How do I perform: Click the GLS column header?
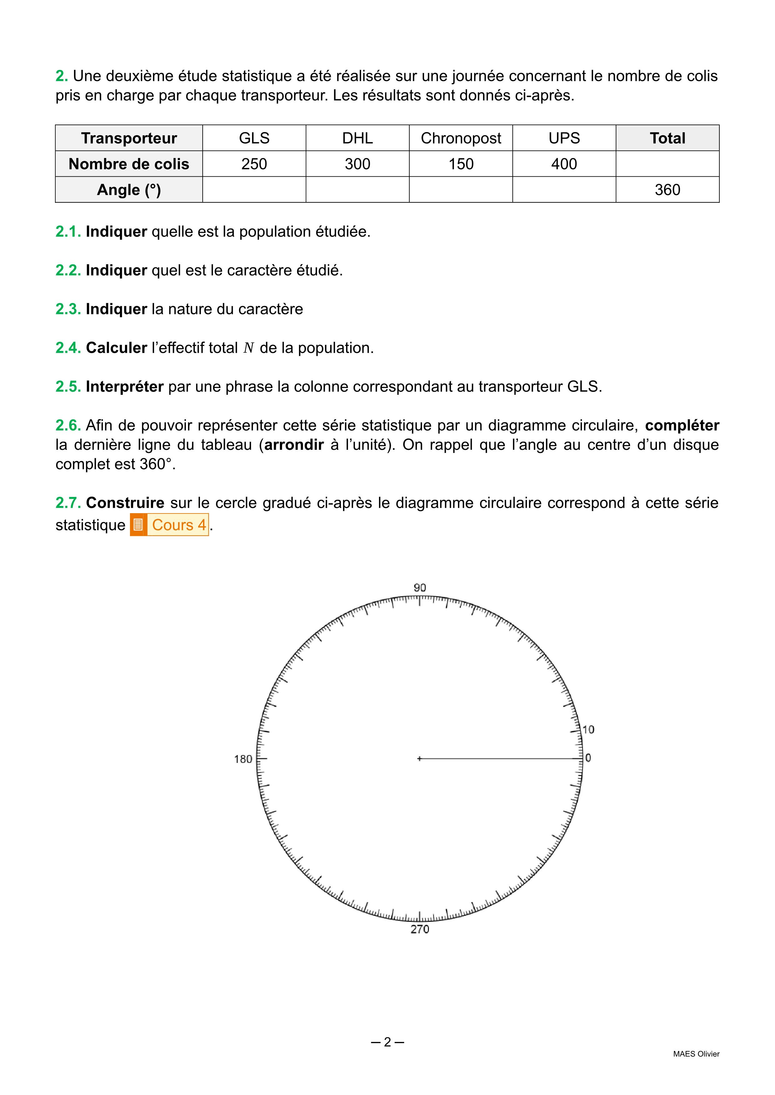(x=254, y=138)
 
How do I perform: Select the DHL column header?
(x=357, y=138)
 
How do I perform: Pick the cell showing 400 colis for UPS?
(x=564, y=164)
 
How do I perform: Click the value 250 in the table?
(x=254, y=164)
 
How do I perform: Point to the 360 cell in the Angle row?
(x=667, y=190)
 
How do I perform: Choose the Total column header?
(x=667, y=138)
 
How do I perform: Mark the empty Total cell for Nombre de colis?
(x=667, y=164)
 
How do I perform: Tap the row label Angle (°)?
(x=129, y=190)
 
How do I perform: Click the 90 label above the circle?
(x=420, y=587)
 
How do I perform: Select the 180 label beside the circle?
(x=243, y=759)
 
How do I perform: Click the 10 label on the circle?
(x=589, y=730)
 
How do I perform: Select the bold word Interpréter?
(x=125, y=387)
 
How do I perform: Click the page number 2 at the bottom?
(x=387, y=1042)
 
